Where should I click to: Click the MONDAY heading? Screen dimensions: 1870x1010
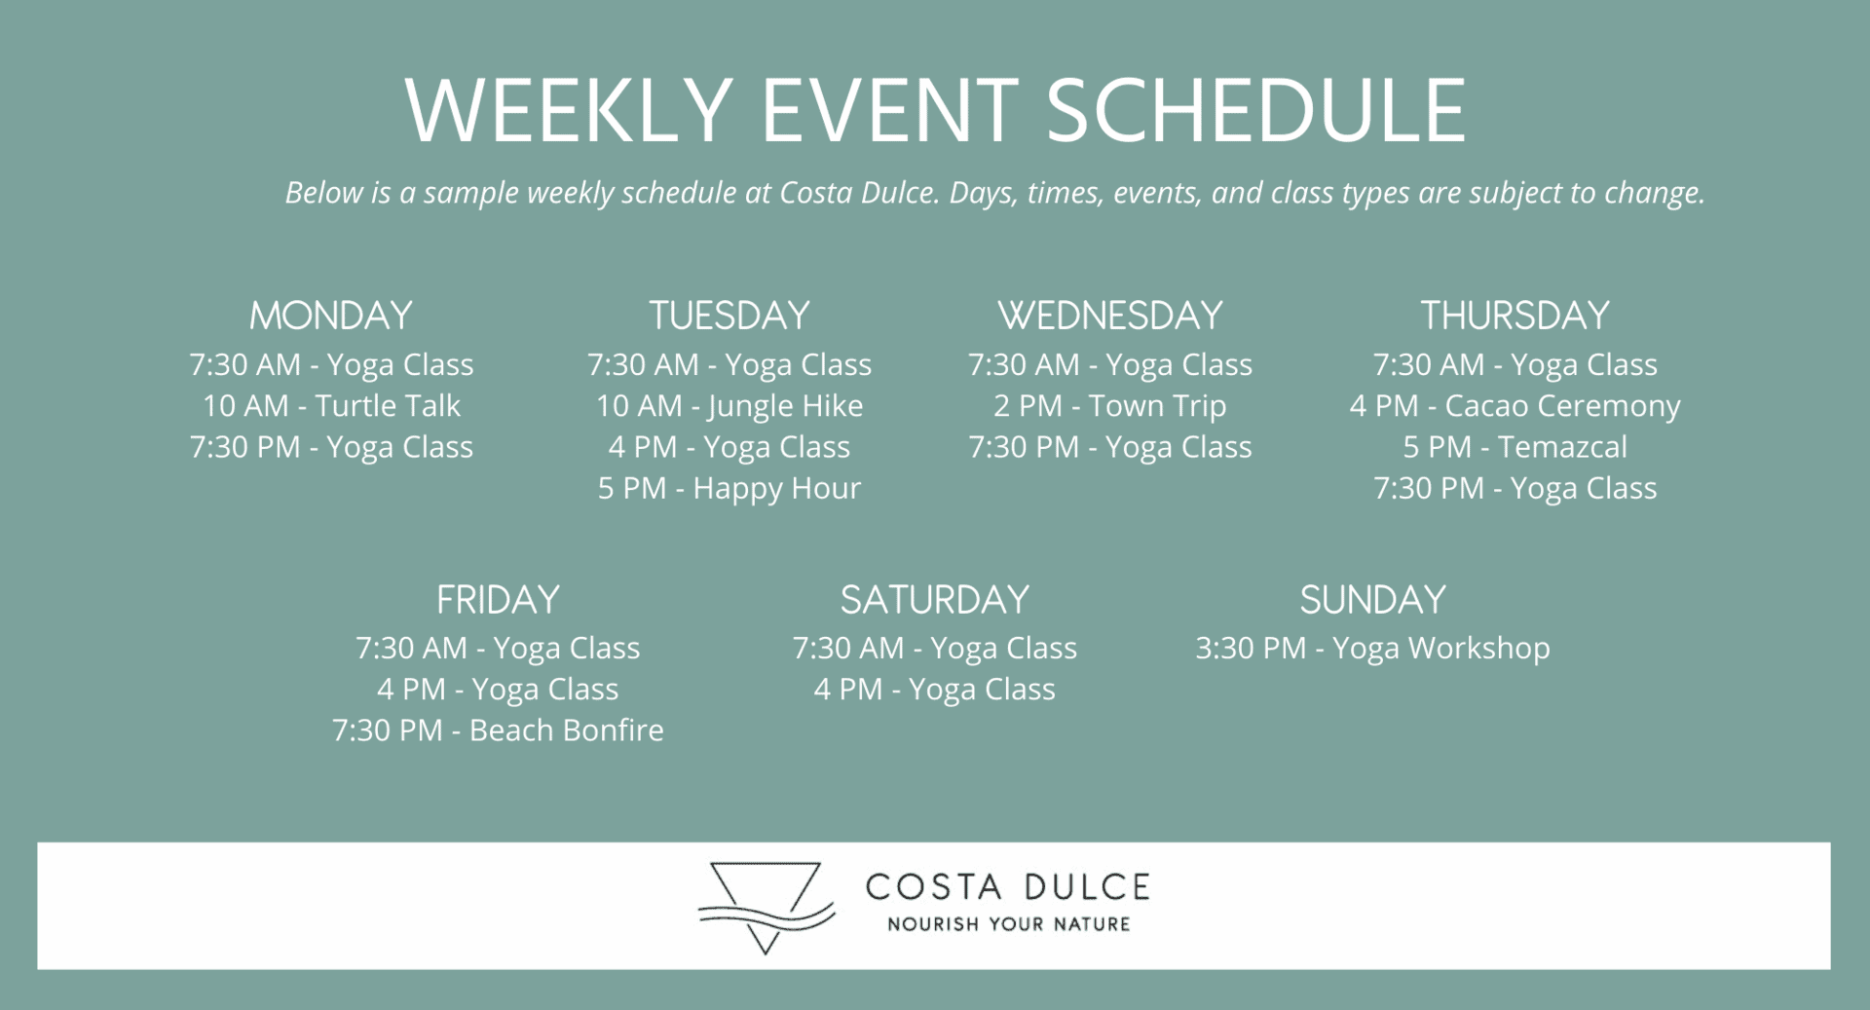[331, 316]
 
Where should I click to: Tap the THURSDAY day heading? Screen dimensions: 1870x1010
[1515, 316]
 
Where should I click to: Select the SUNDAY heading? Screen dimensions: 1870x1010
[1372, 600]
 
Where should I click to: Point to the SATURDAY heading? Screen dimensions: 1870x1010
[935, 600]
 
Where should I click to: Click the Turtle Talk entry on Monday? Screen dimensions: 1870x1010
[331, 405]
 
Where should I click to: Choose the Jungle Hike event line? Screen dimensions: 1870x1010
[729, 406]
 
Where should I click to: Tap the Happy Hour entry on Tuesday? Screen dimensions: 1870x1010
[729, 488]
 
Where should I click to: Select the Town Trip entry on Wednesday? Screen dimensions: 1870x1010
[1110, 406]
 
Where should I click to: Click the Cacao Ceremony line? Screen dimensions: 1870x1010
[1515, 406]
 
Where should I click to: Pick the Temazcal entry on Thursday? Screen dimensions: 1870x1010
[1515, 447]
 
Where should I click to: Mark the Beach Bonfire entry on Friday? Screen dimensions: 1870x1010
[498, 730]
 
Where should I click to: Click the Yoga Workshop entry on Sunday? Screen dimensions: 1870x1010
[1372, 649]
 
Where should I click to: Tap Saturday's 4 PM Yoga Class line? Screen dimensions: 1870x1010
[935, 690]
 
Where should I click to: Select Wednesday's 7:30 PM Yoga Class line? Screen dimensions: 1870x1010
[1110, 447]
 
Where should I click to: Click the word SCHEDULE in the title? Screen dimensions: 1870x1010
[1256, 110]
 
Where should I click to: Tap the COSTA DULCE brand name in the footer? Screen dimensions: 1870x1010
[1008, 887]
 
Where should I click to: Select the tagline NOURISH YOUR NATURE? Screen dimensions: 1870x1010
[1008, 924]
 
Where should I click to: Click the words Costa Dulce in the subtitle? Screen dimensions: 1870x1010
[857, 193]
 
